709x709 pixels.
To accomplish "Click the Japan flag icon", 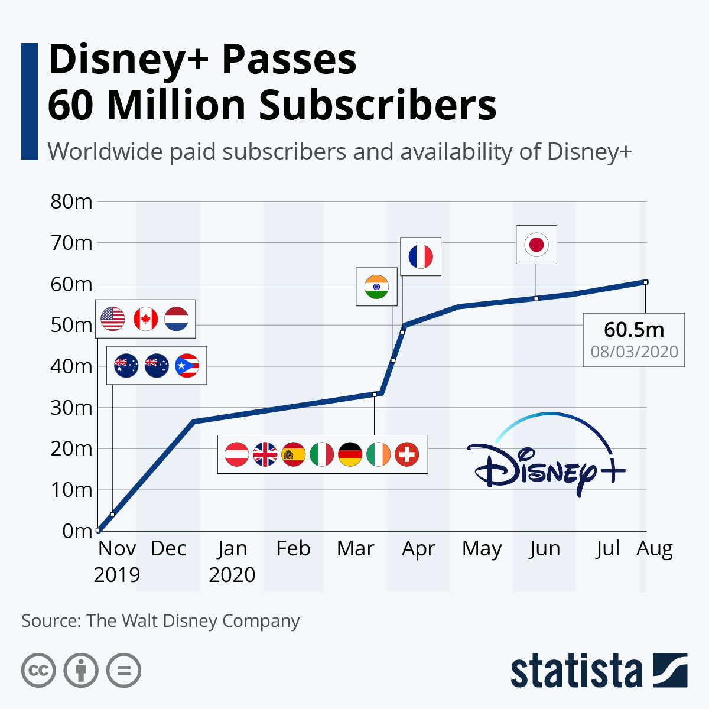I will click(x=536, y=244).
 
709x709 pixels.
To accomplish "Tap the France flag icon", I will click(x=421, y=256).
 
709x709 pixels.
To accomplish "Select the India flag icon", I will click(x=376, y=287).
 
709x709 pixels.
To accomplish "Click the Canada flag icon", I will click(x=145, y=319).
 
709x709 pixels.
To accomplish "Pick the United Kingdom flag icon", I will click(x=265, y=454).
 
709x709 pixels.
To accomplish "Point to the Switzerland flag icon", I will click(x=406, y=454).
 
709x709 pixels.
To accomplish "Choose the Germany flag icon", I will click(x=350, y=454).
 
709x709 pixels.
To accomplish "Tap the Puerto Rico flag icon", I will click(x=187, y=366).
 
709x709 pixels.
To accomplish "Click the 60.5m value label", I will click(x=634, y=330).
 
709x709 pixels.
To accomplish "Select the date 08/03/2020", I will click(x=634, y=352).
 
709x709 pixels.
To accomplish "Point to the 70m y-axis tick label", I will click(x=71, y=243).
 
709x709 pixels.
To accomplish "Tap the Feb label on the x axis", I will click(x=293, y=549).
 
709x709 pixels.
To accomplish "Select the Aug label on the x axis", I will click(x=655, y=549).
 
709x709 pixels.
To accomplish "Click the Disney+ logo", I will click(x=547, y=458).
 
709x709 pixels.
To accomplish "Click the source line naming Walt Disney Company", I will click(x=161, y=621).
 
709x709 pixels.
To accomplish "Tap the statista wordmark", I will click(x=576, y=671).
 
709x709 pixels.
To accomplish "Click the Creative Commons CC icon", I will click(x=38, y=671).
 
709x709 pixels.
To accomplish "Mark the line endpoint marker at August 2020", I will click(x=646, y=282).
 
